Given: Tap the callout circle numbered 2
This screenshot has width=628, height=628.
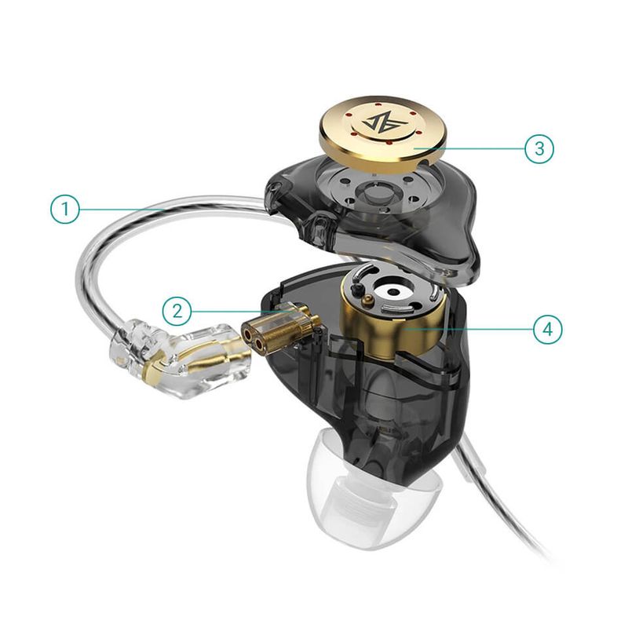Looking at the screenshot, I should (178, 311).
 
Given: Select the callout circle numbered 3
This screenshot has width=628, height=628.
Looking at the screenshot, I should (539, 148).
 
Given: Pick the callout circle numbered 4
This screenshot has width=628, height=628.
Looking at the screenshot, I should (548, 329).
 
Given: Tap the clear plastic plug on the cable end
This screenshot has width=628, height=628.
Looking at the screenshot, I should (184, 357).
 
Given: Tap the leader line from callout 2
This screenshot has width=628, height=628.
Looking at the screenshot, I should (228, 311).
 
